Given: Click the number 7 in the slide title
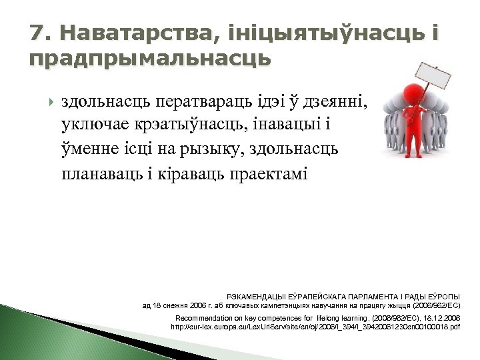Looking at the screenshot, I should tap(37, 33).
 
